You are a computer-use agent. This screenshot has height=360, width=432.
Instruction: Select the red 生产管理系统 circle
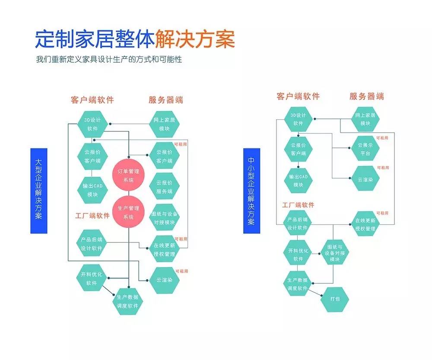[x=129, y=213]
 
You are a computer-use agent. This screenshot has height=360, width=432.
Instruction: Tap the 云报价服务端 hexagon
[x=164, y=187]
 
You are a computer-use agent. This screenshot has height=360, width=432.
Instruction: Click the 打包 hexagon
[x=335, y=299]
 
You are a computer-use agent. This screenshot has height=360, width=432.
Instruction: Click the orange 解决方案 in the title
[x=195, y=40]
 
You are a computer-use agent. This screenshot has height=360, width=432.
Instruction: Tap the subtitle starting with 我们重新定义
[x=109, y=59]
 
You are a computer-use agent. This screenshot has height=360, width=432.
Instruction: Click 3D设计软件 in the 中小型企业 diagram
[x=298, y=119]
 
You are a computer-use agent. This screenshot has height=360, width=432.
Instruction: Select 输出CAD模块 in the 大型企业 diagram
[x=92, y=190]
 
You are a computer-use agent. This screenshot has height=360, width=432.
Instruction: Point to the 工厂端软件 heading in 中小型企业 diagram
[x=299, y=205]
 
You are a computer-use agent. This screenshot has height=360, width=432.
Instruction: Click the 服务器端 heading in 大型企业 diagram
[x=165, y=100]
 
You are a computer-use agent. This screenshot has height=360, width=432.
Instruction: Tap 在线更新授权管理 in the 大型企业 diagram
[x=164, y=249]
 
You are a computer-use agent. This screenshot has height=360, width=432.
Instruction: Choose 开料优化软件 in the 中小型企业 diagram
[x=298, y=255]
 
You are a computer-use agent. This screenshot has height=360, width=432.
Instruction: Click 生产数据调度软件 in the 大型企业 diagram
[x=127, y=301]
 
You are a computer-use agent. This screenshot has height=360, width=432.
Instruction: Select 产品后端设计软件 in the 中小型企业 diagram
[x=298, y=224]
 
